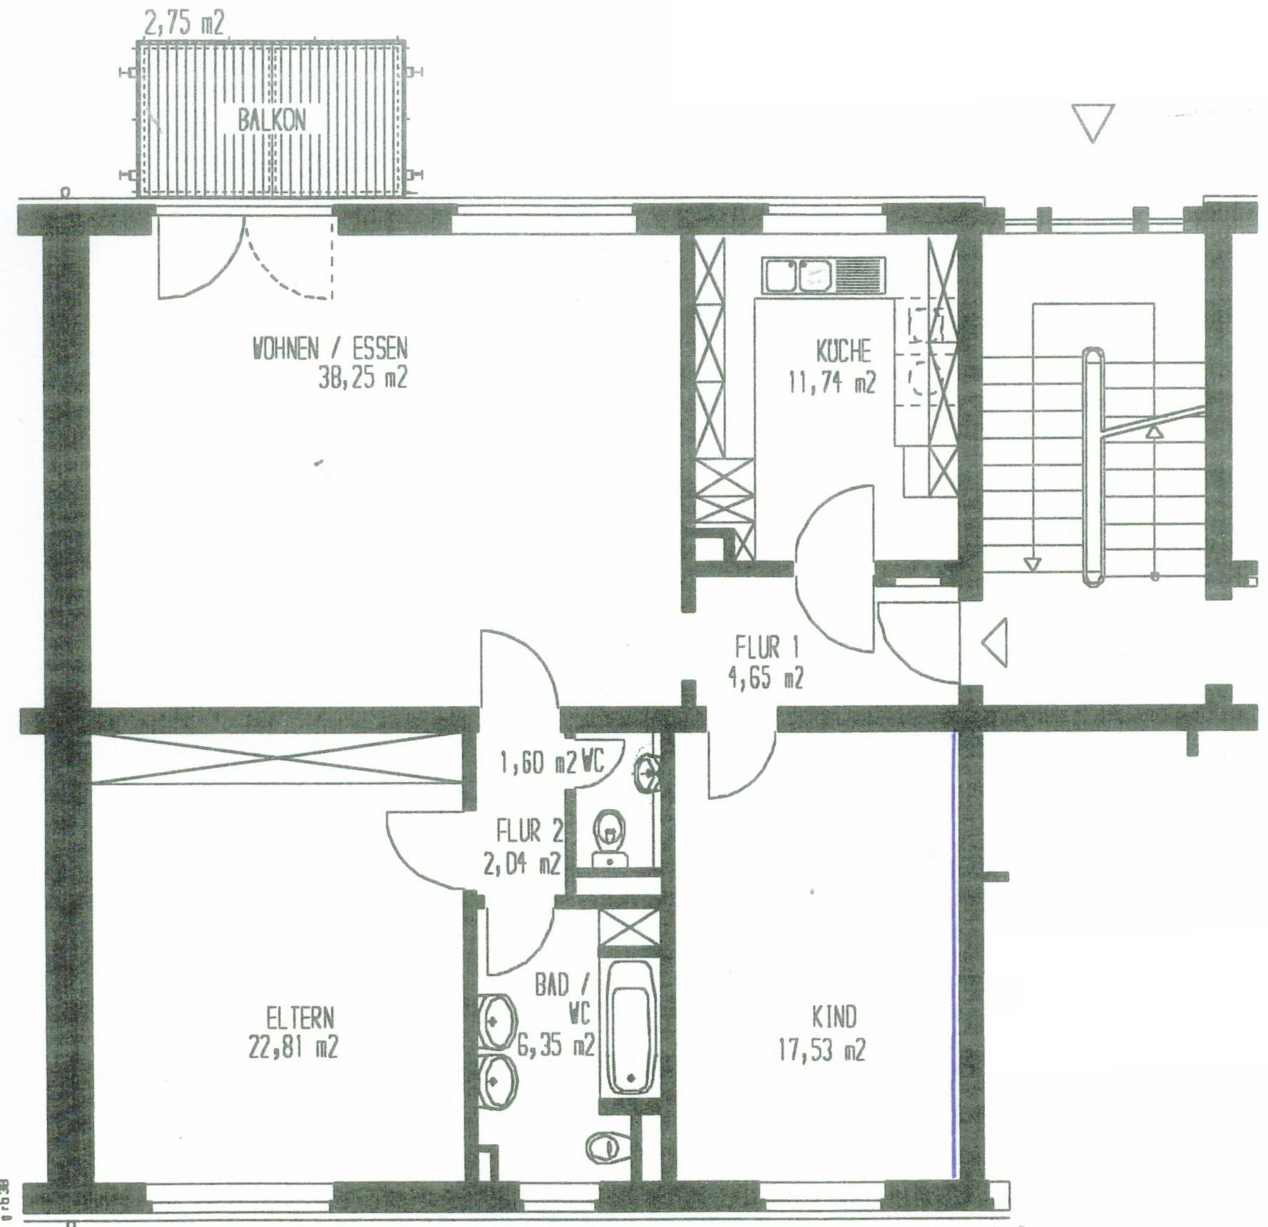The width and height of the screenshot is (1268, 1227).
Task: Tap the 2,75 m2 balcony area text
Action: pyautogui.click(x=185, y=24)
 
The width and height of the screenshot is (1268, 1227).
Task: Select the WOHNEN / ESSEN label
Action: pyautogui.click(x=330, y=349)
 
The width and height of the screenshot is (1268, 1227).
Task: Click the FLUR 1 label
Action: pyautogui.click(x=767, y=647)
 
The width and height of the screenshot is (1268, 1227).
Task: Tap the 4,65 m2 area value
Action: pyautogui.click(x=765, y=678)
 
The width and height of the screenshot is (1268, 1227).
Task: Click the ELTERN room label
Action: pyautogui.click(x=300, y=1017)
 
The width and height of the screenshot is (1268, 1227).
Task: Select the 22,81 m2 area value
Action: pyautogui.click(x=293, y=1047)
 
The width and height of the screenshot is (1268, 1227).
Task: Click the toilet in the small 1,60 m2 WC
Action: pyautogui.click(x=610, y=836)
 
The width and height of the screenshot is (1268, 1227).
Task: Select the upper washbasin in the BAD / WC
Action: pyautogui.click(x=496, y=1022)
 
